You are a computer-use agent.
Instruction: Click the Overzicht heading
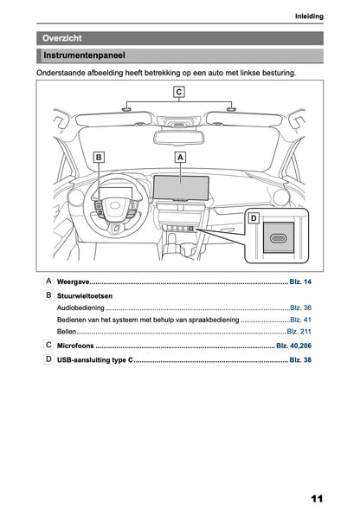[62, 38]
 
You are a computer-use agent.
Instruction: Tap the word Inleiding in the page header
[308, 16]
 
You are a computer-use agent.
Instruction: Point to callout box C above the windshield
[179, 91]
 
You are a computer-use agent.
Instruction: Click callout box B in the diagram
[99, 158]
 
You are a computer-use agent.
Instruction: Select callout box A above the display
[180, 158]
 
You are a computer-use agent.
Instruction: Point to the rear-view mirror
[179, 136]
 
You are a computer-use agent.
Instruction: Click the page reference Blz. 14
[300, 283]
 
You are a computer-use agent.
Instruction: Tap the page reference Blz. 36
[301, 307]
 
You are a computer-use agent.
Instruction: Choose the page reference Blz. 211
[299, 332]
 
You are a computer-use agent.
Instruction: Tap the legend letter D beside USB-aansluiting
[48, 358]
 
